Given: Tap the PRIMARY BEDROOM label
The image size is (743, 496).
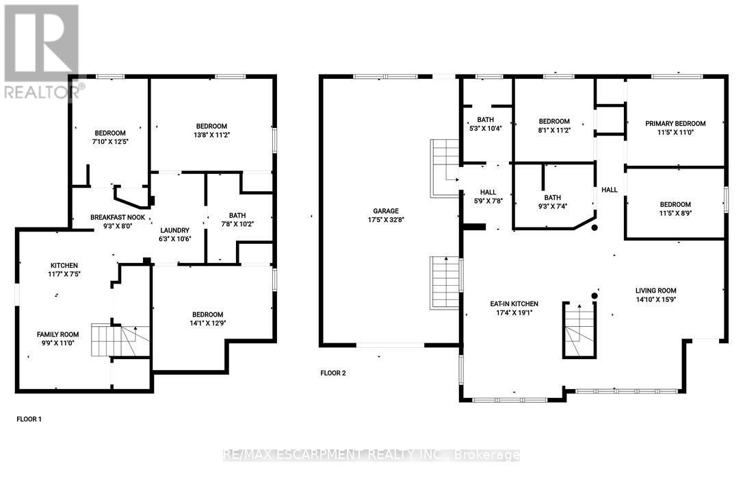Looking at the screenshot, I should [x=675, y=123].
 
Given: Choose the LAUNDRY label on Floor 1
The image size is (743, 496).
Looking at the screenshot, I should [x=175, y=230].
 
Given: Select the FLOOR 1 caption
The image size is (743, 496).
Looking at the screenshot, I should [x=29, y=418].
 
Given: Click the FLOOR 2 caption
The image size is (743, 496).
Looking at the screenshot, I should [x=333, y=373].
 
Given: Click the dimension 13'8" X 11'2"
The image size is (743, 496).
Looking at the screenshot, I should [x=211, y=136].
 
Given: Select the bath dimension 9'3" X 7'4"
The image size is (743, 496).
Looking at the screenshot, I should [x=553, y=206].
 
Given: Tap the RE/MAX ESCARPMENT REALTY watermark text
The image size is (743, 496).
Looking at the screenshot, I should [x=371, y=455].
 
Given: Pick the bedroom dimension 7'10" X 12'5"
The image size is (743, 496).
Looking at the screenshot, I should [x=110, y=142].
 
